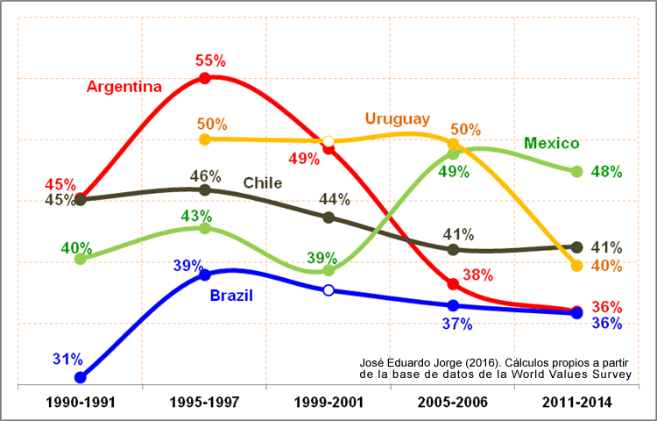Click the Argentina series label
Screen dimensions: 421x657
click(x=124, y=87)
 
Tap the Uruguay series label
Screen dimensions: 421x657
click(x=397, y=118)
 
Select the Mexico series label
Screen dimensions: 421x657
click(x=552, y=143)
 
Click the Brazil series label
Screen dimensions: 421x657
click(x=231, y=296)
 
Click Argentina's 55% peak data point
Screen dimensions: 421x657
click(x=205, y=78)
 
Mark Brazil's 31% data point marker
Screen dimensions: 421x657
click(x=81, y=377)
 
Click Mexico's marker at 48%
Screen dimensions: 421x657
click(x=576, y=171)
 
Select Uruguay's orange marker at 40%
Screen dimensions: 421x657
click(x=576, y=265)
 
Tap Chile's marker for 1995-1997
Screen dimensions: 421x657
click(x=205, y=190)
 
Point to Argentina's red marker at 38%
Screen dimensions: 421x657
click(x=453, y=284)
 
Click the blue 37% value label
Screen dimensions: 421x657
click(x=456, y=325)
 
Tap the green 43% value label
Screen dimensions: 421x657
click(x=196, y=216)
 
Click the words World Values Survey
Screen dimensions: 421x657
click(x=577, y=375)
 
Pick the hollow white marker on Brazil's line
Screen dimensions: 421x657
click(x=328, y=289)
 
